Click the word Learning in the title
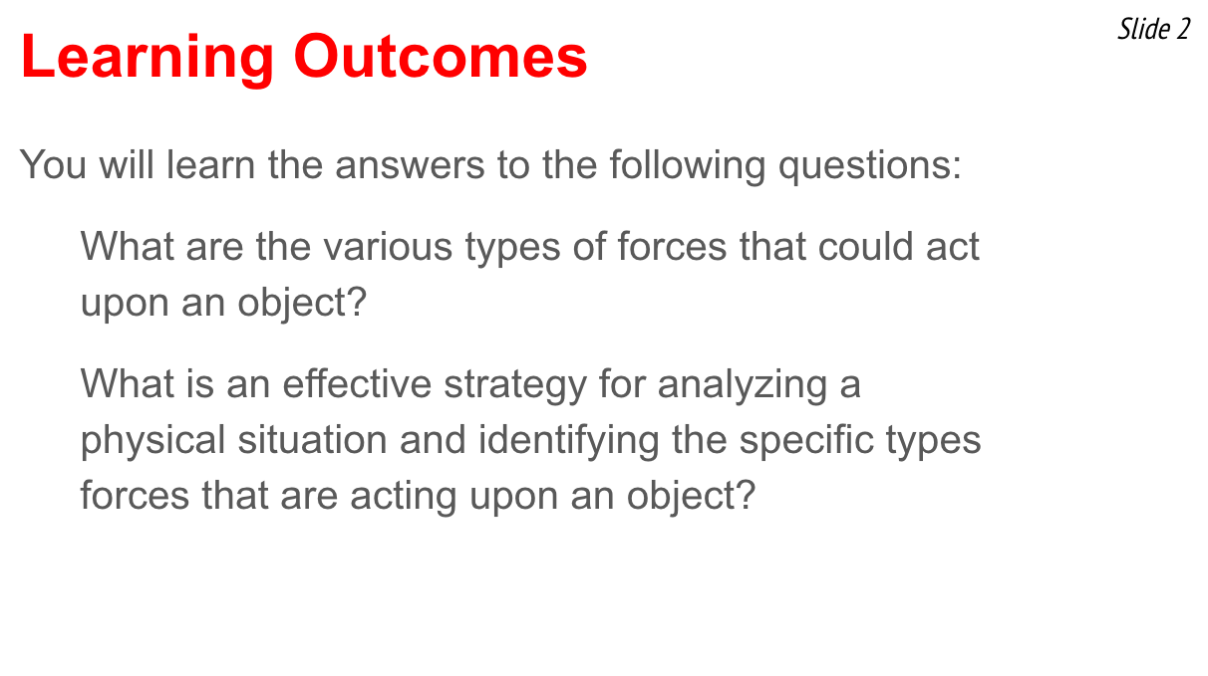point(148,58)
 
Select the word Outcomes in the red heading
point(441,57)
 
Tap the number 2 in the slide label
point(1183,29)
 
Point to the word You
point(53,165)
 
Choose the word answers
point(410,166)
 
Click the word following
point(688,165)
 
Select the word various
point(388,247)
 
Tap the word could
point(865,246)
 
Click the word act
point(953,248)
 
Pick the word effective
point(357,384)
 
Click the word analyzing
point(743,385)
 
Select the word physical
point(153,442)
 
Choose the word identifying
point(568,442)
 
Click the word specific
point(806,442)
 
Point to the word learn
point(210,165)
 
